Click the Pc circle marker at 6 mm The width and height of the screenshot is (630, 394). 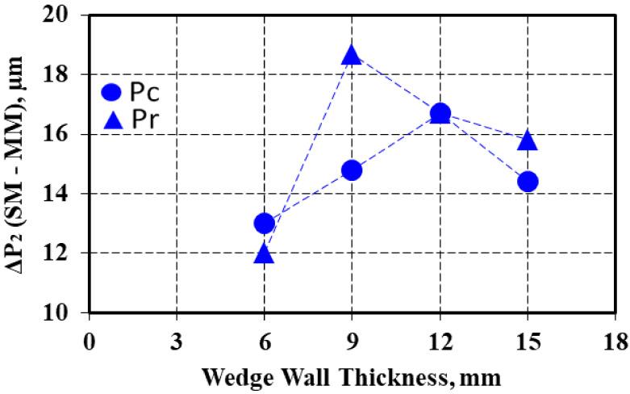pyautogui.click(x=264, y=223)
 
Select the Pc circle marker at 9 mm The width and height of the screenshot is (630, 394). pyautogui.click(x=352, y=170)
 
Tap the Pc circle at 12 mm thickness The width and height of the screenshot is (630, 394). pyautogui.click(x=440, y=113)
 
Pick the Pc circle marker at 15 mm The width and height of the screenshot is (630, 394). pyautogui.click(x=528, y=181)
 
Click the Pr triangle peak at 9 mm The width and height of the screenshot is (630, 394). pyautogui.click(x=352, y=55)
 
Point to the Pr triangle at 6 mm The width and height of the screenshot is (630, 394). pyautogui.click(x=264, y=254)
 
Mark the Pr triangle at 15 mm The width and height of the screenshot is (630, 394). pyautogui.click(x=528, y=140)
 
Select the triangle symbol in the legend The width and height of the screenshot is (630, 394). pyautogui.click(x=114, y=120)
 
